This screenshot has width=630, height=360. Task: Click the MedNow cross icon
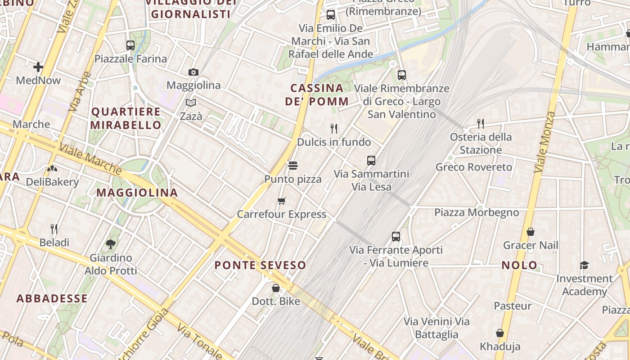[x=38, y=67]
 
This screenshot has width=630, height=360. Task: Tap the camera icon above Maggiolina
[x=193, y=72]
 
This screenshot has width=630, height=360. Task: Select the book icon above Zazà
[x=191, y=103]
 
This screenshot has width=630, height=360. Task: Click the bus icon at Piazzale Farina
[x=130, y=45]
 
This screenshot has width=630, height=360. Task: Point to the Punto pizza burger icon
[x=293, y=166]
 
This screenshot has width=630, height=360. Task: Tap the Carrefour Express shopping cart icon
[x=282, y=201]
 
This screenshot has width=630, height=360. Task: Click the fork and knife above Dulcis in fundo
[x=334, y=129]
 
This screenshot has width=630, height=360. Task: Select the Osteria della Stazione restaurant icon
[x=481, y=123]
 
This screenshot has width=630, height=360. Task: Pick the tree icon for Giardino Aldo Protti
[x=111, y=244]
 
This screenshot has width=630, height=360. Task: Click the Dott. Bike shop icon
[x=276, y=288]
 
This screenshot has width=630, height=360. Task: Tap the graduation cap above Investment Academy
[x=584, y=265]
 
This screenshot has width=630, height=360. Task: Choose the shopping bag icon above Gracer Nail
[x=531, y=232]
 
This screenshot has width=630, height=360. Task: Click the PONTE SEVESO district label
[x=260, y=265]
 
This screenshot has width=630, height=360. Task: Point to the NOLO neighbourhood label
[x=519, y=265]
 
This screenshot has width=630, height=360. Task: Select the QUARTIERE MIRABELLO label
[x=126, y=118]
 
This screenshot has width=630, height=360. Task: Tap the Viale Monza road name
[x=544, y=142]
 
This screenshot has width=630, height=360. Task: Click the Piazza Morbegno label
[x=477, y=212]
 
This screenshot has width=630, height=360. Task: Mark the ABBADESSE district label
[x=52, y=298]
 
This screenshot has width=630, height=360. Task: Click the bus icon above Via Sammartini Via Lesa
[x=371, y=160]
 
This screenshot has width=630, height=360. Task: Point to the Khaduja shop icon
[x=500, y=333]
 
